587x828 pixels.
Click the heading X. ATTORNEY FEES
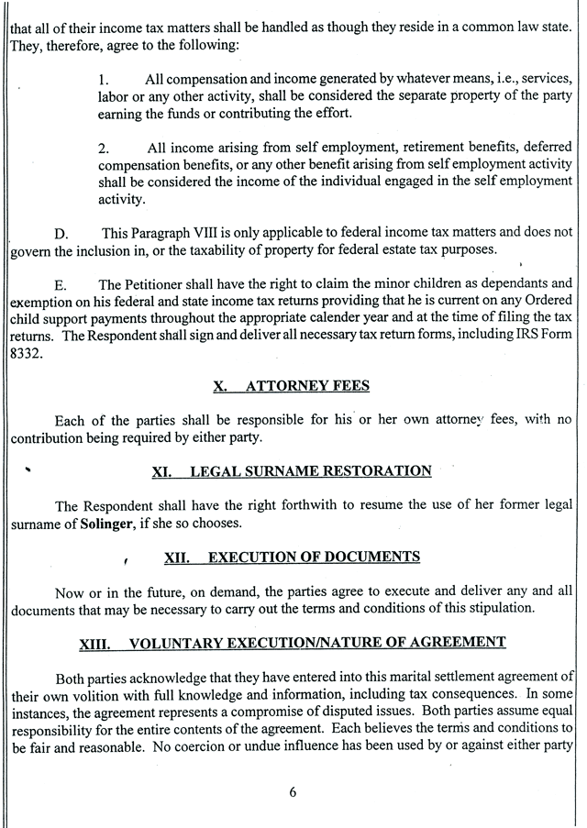click(292, 386)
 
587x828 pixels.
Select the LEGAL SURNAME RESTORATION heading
click(292, 471)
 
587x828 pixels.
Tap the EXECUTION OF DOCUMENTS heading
click(292, 557)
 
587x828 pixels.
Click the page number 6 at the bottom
click(293, 793)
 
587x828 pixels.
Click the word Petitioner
click(164, 283)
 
